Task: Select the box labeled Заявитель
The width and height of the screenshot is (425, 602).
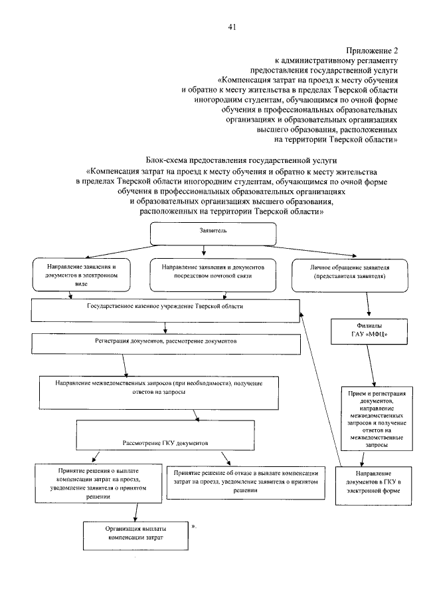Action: point(213,233)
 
